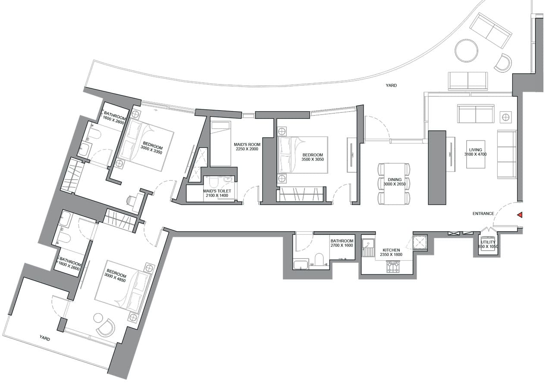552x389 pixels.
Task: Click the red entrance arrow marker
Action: click(x=520, y=215)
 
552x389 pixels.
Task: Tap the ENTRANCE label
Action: click(x=483, y=214)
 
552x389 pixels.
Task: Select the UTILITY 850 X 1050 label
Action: click(x=489, y=245)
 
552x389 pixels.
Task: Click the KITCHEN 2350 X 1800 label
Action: click(x=391, y=252)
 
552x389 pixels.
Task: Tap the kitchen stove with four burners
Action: click(x=394, y=267)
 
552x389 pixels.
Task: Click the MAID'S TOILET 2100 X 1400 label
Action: click(x=217, y=193)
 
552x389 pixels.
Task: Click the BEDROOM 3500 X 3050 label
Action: click(x=313, y=157)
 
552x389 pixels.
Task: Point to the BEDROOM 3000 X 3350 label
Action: click(x=151, y=147)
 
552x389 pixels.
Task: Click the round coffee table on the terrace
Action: click(x=467, y=51)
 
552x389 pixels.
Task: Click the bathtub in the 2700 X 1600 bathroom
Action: click(x=301, y=264)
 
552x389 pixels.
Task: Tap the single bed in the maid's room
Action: click(x=220, y=143)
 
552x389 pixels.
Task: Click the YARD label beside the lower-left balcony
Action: click(x=44, y=339)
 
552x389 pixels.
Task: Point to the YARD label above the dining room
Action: click(x=391, y=85)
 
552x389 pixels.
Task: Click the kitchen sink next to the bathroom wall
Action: click(x=368, y=247)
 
